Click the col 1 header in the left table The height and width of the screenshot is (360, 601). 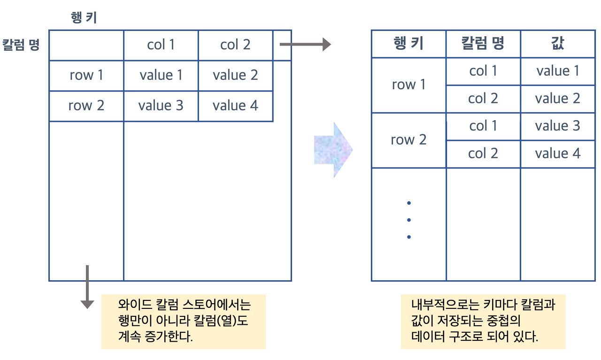pos(161,45)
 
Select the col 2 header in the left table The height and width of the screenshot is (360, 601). pos(235,45)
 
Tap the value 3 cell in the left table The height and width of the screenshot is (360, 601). pos(161,106)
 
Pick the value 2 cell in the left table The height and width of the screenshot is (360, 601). pos(235,75)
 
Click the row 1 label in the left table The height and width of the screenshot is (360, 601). pos(86,75)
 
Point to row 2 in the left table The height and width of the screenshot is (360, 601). pos(86,106)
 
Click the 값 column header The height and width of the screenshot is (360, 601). pos(557,44)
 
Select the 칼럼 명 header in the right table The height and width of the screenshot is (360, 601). pos(483,44)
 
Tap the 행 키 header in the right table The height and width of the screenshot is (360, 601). pos(408,44)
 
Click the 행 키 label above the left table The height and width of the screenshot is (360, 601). pos(84,18)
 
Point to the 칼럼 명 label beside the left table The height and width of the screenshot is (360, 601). pos(21,46)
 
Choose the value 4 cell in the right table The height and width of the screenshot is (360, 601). pos(558,153)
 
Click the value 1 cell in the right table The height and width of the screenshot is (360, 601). pos(558,71)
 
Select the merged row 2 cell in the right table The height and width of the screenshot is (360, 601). pos(408,140)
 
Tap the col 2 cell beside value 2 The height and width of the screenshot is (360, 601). pos(483,99)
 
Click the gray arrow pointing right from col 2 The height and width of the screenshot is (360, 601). pos(305,45)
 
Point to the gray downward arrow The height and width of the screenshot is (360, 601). pos(87,287)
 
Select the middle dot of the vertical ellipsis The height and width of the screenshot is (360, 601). pos(409,220)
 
